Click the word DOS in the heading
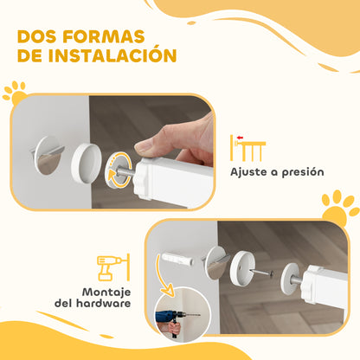pos(41,38)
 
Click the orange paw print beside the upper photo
pos(15,92)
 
